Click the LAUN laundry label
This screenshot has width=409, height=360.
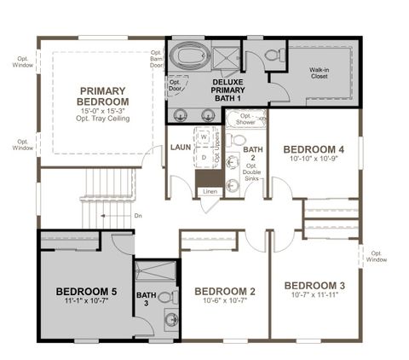click(x=180, y=147)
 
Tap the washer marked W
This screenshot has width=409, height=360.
click(x=204, y=136)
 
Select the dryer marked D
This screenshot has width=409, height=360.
click(x=204, y=157)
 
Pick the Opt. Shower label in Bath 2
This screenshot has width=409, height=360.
click(x=247, y=119)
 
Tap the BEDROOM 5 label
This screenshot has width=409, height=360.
click(x=86, y=292)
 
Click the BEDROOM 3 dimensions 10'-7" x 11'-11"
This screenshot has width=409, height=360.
click(x=314, y=296)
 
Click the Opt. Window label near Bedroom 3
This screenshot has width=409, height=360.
click(x=377, y=255)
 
